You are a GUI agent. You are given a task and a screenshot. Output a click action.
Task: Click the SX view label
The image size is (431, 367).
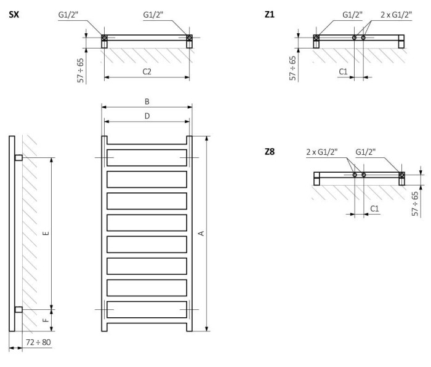pos(14,14)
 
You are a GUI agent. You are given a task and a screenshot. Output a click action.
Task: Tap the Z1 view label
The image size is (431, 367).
pos(269,14)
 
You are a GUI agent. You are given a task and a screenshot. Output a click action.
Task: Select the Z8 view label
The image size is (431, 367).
pos(269,152)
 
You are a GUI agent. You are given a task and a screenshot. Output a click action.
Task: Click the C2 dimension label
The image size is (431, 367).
pos(147,71)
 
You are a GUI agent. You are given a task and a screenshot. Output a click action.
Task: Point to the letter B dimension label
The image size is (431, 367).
pos(147,101)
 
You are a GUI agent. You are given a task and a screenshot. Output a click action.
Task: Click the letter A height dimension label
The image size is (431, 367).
pos(200,233)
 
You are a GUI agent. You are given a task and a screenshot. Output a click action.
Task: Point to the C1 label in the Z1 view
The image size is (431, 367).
pos(344,72)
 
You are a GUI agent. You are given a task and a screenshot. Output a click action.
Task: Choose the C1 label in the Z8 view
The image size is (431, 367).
pos(374,209)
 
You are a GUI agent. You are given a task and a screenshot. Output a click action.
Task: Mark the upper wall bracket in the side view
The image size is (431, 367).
pos(18,158)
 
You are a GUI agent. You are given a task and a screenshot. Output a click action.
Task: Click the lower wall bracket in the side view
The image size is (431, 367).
pos(18,309)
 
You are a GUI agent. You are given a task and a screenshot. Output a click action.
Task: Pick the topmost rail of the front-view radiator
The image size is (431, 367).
pos(147,158)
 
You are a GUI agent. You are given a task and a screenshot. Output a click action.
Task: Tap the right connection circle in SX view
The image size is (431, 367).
pos(189,39)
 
